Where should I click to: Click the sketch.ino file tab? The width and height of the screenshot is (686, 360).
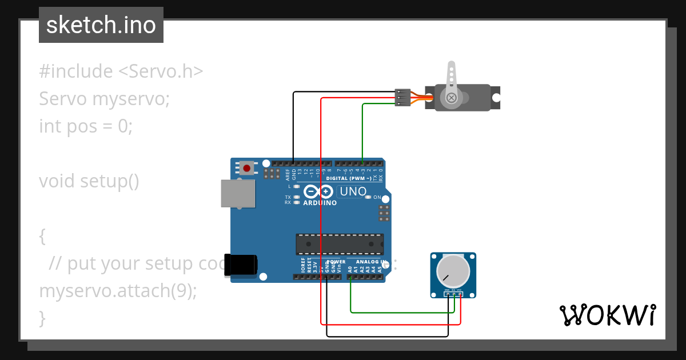coord(101,25)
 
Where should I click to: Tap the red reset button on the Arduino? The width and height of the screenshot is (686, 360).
coord(246,168)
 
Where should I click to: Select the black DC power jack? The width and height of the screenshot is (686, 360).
coord(241,265)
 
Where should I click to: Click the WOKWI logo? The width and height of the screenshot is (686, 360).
coord(607,315)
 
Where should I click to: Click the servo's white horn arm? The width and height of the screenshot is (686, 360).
coord(451,77)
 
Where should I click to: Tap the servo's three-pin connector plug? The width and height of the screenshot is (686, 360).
coord(403,98)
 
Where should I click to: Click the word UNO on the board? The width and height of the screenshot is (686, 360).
coord(353,191)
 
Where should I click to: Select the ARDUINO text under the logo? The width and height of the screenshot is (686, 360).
coord(320,203)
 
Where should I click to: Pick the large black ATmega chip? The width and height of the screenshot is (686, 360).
coord(340,244)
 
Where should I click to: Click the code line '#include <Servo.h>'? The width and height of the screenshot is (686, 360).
coord(121,71)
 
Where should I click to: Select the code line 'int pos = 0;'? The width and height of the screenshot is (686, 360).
coord(86,126)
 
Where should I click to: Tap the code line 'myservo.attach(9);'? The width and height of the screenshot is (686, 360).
coord(118,291)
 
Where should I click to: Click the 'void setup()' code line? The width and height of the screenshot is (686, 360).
coord(89,181)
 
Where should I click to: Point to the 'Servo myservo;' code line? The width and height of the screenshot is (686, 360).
coord(105,99)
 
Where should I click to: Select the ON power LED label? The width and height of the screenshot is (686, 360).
coord(377,197)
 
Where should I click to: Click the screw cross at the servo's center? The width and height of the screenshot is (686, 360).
coord(452,98)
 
